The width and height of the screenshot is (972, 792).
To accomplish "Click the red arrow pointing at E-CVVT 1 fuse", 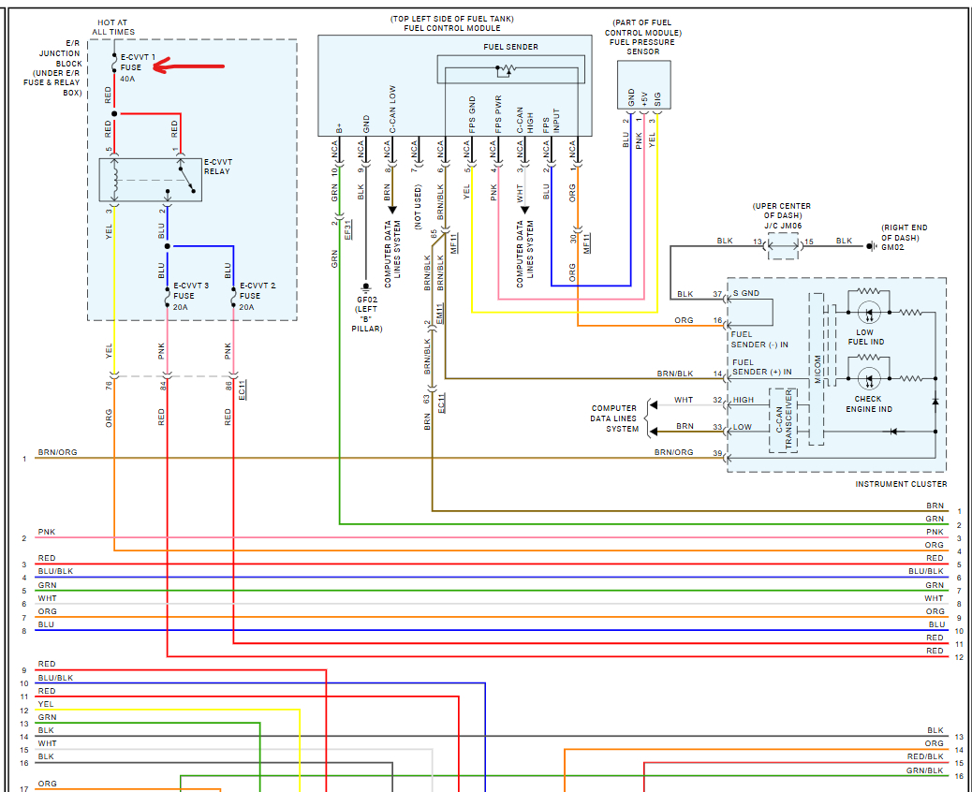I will [x=189, y=66].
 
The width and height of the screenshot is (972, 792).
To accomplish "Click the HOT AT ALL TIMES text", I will [x=113, y=27].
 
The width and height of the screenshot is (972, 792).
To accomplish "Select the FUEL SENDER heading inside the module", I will [x=510, y=47].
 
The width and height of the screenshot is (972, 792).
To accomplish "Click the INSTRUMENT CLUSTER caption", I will [x=899, y=484].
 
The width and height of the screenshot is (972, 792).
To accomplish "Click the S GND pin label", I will [x=746, y=294].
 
